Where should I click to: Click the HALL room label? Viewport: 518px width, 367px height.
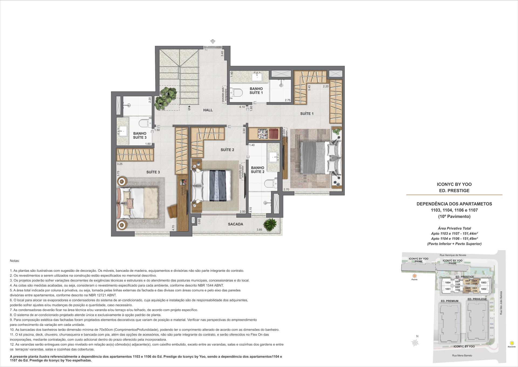coord(208,110)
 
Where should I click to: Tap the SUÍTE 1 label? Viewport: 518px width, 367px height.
coord(307,114)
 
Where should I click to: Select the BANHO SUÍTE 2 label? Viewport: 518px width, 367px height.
coord(257,170)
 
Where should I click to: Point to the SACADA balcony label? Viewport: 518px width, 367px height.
coord(235,224)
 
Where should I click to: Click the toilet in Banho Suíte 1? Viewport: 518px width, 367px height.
coord(238,93)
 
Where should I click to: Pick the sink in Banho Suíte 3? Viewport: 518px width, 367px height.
coord(123,131)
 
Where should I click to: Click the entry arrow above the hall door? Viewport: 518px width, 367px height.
coord(213,42)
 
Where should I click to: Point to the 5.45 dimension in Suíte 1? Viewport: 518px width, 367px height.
coord(309,88)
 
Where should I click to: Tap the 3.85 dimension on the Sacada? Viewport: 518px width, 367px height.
coord(259,230)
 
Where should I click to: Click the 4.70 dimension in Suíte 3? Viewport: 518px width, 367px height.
coord(173,228)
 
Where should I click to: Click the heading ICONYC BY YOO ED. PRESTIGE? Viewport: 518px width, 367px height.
coord(454,187)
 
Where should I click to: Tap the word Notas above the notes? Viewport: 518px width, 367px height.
coord(15,261)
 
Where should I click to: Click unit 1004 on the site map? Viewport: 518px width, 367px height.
coord(448,283)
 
